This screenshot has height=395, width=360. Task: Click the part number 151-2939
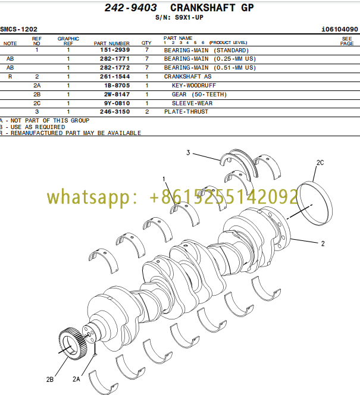(115, 50)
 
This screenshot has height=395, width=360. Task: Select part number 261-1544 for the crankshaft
(115, 77)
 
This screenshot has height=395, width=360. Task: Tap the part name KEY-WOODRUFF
(194, 86)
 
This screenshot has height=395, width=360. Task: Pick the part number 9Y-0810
(117, 104)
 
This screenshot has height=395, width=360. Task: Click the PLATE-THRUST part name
(186, 112)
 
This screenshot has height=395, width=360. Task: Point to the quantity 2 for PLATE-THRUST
(147, 112)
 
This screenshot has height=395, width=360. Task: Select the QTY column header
(146, 43)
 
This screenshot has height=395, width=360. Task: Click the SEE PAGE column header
(347, 41)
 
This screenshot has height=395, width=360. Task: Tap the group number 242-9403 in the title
(131, 8)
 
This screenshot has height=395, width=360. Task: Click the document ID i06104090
(340, 30)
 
